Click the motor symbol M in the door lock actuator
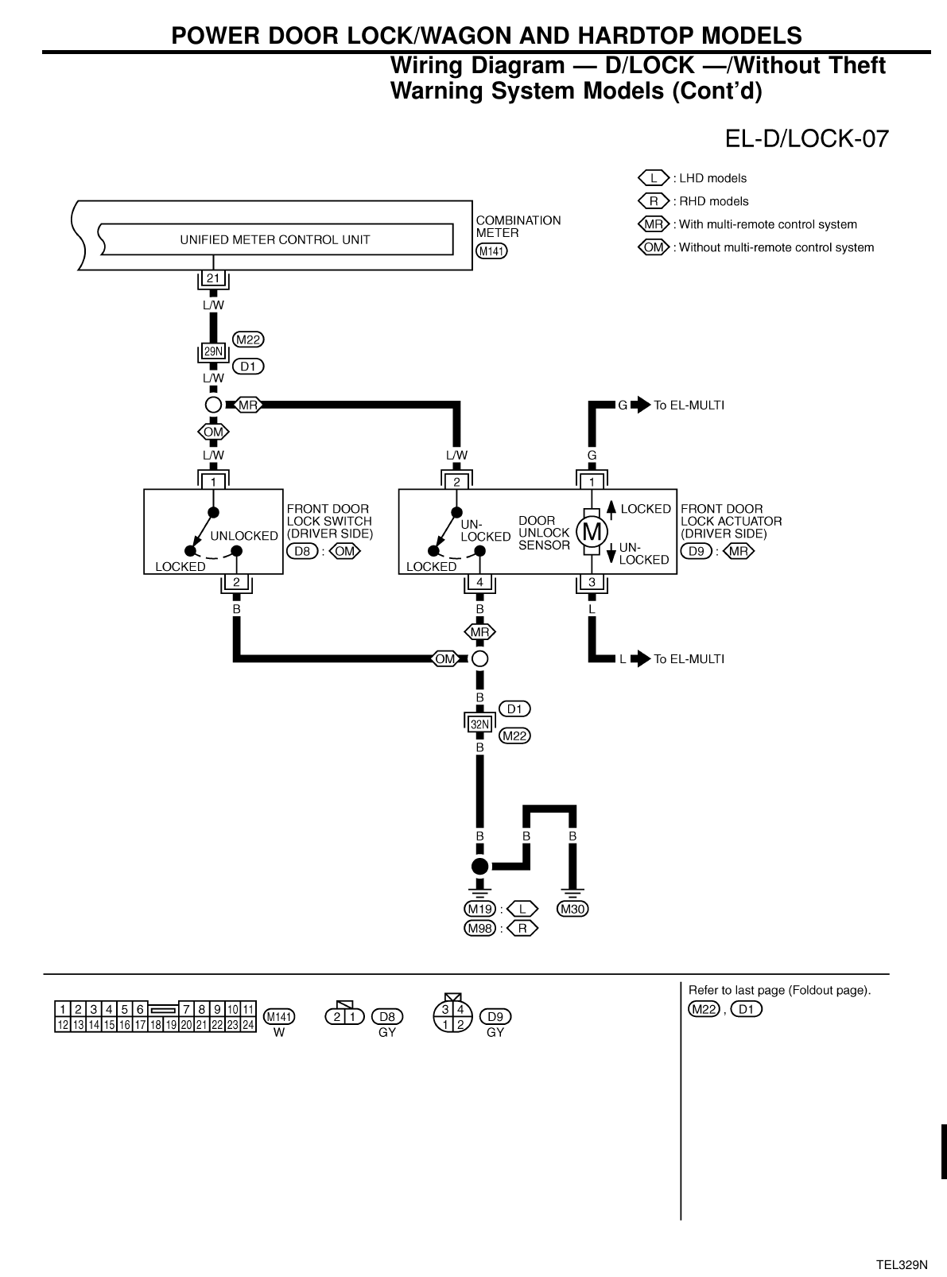592,530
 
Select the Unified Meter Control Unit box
275,239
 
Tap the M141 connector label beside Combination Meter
491,251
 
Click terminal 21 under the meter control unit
213,278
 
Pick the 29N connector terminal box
213,351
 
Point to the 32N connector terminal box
479,724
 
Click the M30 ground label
572,909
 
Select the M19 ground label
479,909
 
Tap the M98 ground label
479,928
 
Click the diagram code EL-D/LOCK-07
805,139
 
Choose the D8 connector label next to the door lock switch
302,551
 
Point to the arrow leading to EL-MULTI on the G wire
641,406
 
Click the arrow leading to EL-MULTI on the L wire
641,659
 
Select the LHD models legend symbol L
654,178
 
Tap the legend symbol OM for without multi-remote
654,247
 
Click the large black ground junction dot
479,866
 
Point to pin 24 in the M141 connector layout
248,1025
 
